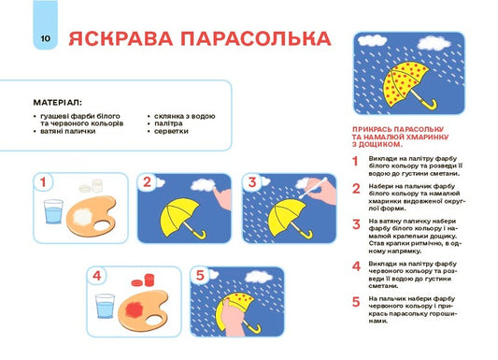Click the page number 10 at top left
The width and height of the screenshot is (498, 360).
tap(45, 38)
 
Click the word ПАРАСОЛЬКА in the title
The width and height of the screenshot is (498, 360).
tap(259, 38)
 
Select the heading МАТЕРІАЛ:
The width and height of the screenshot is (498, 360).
tap(57, 102)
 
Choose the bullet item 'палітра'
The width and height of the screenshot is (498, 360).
tap(171, 124)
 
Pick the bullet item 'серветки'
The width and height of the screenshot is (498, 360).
tap(173, 132)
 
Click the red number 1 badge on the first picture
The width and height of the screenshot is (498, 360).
tap(44, 181)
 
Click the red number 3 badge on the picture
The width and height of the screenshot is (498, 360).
tap(251, 181)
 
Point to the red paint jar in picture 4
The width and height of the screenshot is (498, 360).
tap(142, 279)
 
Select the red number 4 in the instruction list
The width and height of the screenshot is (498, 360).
tap(356, 266)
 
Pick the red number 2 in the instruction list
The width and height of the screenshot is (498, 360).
tap(356, 188)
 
